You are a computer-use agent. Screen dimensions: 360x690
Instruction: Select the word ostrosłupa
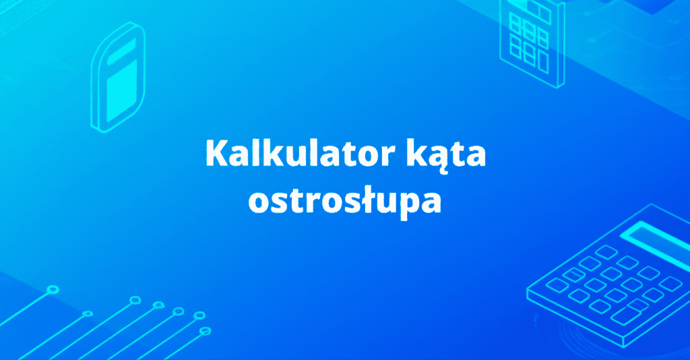345,201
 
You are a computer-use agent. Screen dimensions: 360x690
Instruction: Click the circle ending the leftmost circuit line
53,290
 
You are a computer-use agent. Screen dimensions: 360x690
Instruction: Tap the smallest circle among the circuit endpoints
87,313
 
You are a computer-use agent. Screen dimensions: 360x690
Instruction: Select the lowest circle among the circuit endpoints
206,331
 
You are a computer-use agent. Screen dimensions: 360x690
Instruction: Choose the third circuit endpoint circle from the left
134,299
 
